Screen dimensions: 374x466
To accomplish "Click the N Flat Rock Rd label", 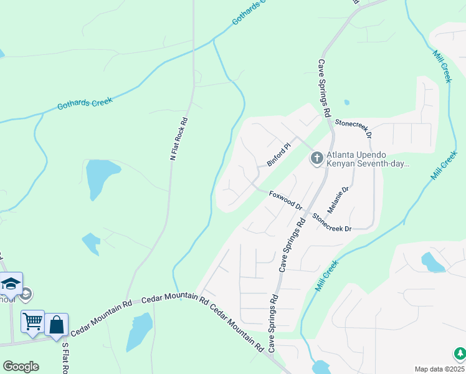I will click(179, 138).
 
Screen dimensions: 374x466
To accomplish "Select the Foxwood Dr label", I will click(285, 200).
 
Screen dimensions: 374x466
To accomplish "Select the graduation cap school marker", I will click(11, 284).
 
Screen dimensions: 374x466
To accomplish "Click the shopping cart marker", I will click(32, 322).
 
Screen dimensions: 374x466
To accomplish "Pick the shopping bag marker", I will click(56, 324).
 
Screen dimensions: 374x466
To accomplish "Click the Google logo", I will click(21, 367).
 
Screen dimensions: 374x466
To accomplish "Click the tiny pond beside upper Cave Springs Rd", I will click(346, 103).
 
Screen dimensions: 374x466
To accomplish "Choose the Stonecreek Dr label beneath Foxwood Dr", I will click(332, 223).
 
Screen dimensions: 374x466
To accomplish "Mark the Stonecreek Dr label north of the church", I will click(353, 128).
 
